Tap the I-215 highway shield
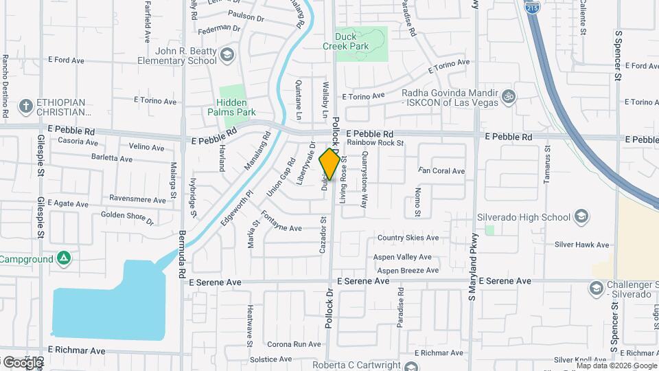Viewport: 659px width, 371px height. coord(531,8)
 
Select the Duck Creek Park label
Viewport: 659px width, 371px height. coord(346,41)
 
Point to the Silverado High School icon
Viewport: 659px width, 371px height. coord(581,217)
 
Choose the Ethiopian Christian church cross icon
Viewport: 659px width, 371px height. coord(25,106)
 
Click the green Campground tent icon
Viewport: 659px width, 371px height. coord(64,259)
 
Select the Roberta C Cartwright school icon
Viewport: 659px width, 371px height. coord(411,365)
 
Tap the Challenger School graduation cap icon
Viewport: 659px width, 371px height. coord(596,287)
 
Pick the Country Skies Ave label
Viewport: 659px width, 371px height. coord(408,238)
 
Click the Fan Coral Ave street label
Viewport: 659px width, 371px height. coord(441,171)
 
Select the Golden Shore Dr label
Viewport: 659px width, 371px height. coord(128,218)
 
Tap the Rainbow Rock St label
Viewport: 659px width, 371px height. coord(375,143)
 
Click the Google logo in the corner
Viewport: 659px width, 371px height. coord(22,362)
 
